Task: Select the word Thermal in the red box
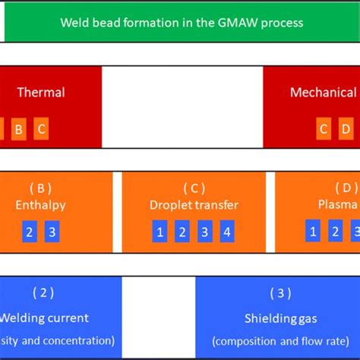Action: [x=41, y=93]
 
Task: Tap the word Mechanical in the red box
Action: [x=323, y=93]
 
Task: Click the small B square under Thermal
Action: [x=19, y=129]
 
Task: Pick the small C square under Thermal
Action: [x=42, y=129]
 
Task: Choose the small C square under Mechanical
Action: [x=324, y=129]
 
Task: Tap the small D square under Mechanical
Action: [x=346, y=129]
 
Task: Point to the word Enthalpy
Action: [x=40, y=205]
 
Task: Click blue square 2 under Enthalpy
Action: [x=30, y=232]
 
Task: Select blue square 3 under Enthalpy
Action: [x=52, y=232]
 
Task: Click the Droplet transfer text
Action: [x=194, y=205]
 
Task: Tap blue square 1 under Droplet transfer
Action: [x=159, y=232]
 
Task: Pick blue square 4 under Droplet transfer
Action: [x=226, y=232]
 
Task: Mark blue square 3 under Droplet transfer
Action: [x=204, y=232]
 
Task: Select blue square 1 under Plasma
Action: [x=312, y=232]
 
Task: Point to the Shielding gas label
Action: [x=280, y=318]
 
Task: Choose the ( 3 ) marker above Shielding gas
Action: [x=280, y=293]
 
